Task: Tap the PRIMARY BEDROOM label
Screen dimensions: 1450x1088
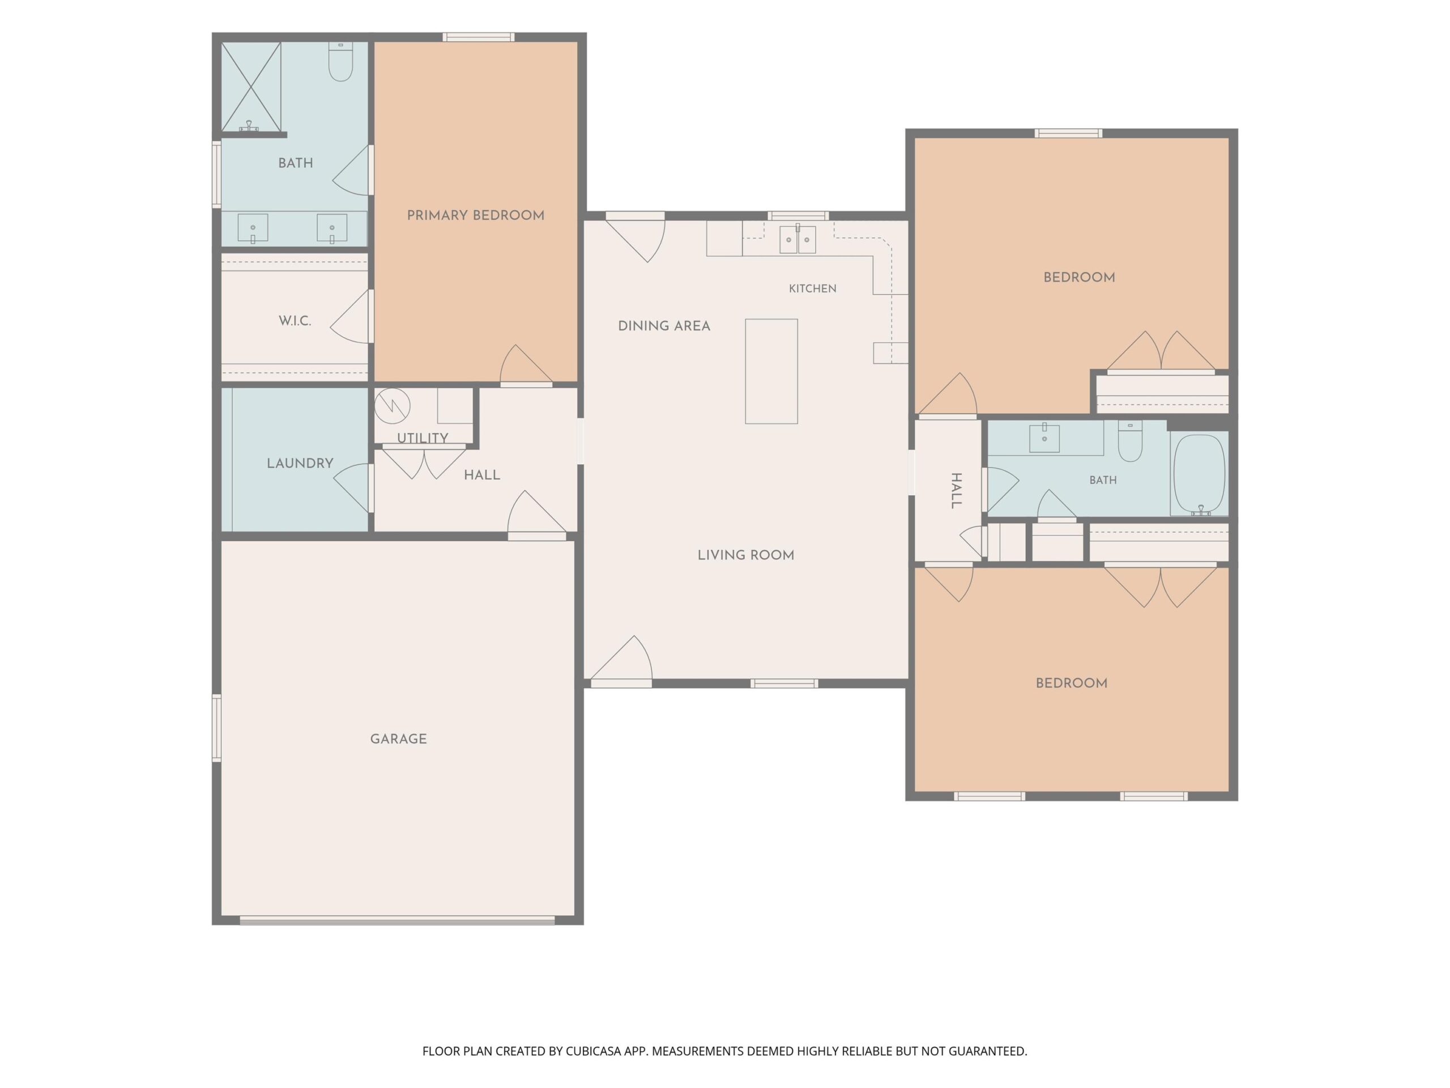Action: click(x=475, y=216)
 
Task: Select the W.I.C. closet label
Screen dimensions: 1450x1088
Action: click(x=295, y=321)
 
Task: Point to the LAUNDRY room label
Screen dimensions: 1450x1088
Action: click(x=300, y=463)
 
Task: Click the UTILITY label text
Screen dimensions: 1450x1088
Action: click(x=422, y=438)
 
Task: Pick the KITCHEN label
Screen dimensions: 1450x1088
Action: click(x=812, y=288)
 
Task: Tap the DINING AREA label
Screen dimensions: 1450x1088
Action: click(x=664, y=326)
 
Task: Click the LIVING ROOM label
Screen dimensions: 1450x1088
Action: click(x=745, y=555)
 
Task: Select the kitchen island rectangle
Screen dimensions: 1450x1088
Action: click(x=771, y=371)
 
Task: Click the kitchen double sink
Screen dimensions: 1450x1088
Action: click(x=797, y=239)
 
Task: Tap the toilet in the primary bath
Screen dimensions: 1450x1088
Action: click(x=340, y=62)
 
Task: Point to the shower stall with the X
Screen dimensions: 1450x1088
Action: click(x=251, y=87)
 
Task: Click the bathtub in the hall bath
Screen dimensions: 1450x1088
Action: click(x=1199, y=475)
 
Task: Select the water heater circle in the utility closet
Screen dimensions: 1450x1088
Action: click(x=392, y=406)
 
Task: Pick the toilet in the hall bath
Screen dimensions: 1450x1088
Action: click(x=1130, y=441)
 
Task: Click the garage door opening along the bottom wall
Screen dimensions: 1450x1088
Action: click(x=397, y=920)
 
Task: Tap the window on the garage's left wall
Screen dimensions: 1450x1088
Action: click(x=216, y=728)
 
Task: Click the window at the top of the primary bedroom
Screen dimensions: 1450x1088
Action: click(x=479, y=37)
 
